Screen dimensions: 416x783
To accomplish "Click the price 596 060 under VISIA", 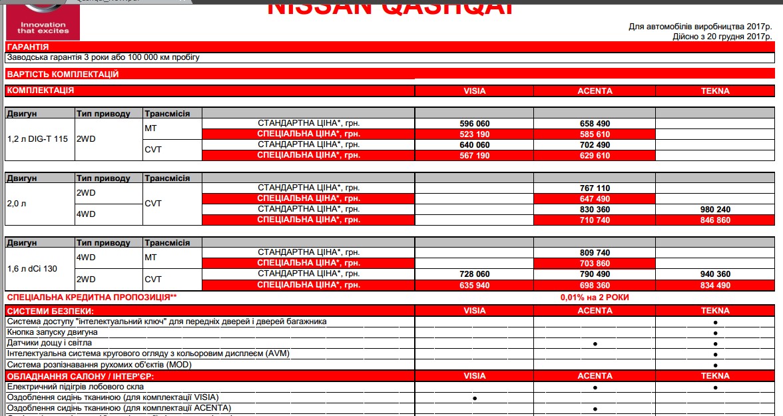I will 475,124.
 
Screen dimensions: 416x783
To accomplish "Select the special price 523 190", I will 475,134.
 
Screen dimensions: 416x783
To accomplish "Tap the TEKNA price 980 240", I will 715,209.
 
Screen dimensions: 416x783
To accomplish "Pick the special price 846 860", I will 715,220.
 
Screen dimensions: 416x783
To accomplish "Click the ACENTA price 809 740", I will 595,253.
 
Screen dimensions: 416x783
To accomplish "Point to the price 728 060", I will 475,274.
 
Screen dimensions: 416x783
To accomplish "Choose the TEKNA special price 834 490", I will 715,285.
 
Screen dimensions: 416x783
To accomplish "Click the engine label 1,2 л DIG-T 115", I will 37,139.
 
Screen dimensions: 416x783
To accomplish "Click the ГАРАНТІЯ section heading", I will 27,47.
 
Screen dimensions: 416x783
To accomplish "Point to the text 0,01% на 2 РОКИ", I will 595,298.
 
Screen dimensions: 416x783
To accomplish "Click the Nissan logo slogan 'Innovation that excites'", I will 43,27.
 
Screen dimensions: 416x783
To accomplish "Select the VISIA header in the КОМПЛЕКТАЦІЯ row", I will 475,91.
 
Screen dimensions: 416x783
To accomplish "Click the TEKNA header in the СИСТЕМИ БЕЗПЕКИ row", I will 715,311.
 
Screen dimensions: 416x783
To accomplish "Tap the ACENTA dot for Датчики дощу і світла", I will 595,343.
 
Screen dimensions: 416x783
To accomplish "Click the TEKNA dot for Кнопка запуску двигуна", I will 715,333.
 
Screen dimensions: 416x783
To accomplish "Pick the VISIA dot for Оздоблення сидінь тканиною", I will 475,398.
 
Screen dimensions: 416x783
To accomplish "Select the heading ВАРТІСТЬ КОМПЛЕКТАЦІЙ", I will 63,74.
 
